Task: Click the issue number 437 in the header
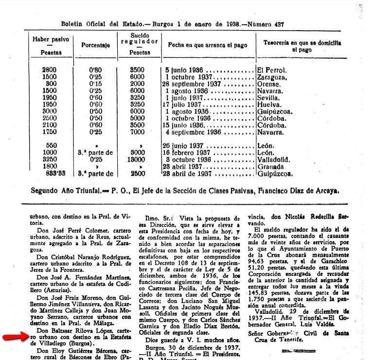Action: pos(276,24)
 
